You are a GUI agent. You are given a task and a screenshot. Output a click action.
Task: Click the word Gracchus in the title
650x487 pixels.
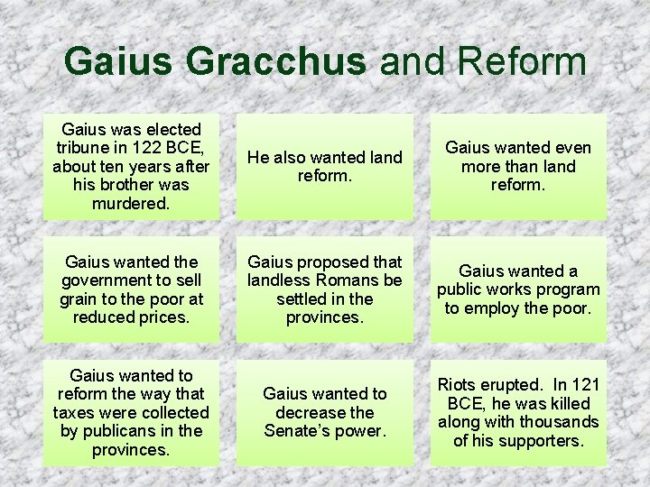click(x=276, y=61)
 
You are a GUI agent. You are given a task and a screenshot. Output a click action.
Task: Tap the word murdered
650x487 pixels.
click(x=132, y=203)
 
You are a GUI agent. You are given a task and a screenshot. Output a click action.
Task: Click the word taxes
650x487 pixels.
click(x=79, y=412)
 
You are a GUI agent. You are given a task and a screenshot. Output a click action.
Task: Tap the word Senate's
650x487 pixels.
click(x=297, y=431)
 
